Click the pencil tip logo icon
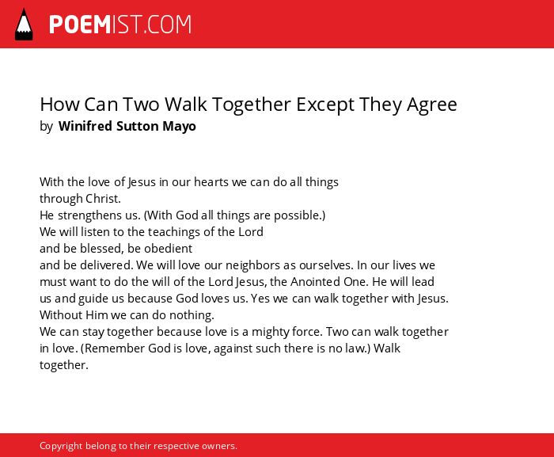[24, 25]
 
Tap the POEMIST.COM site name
[120, 25]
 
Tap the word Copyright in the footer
[61, 446]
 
